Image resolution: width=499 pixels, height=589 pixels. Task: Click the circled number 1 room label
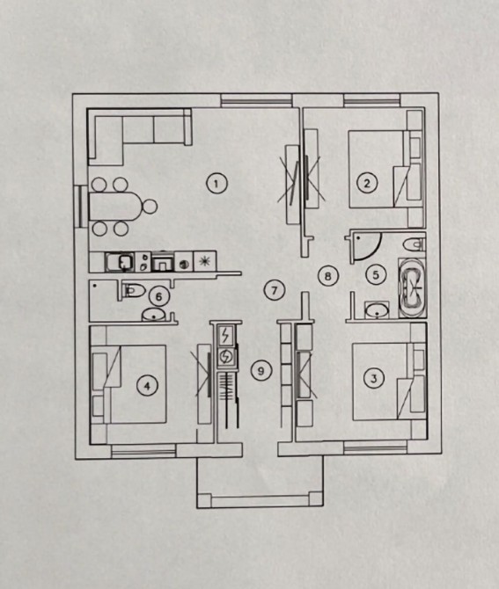point(216,184)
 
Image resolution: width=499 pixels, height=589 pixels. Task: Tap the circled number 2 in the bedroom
point(367,183)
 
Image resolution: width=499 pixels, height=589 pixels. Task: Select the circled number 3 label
point(373,377)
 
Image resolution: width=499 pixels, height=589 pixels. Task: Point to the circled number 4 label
point(147,386)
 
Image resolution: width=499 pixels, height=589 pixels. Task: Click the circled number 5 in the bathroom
point(376,274)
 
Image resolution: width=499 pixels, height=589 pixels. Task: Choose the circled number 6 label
point(158,297)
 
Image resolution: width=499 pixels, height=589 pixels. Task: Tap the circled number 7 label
point(274,290)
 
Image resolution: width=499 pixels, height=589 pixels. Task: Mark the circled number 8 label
point(328,276)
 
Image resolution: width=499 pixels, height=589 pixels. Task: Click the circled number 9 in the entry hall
point(261,371)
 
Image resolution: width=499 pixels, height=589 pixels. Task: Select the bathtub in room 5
point(412,287)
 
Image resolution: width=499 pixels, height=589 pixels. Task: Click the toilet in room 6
point(133,290)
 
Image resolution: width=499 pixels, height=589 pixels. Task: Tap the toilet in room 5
point(415,244)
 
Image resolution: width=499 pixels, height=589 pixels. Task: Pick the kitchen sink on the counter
point(120,262)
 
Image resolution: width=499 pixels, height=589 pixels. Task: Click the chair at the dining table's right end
point(150,207)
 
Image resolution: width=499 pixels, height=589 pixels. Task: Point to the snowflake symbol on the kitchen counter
point(205,261)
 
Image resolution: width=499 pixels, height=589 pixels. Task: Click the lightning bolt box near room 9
point(225,335)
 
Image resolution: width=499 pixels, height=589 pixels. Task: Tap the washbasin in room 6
point(154,314)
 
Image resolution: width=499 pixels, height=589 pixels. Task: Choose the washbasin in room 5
point(378,310)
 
